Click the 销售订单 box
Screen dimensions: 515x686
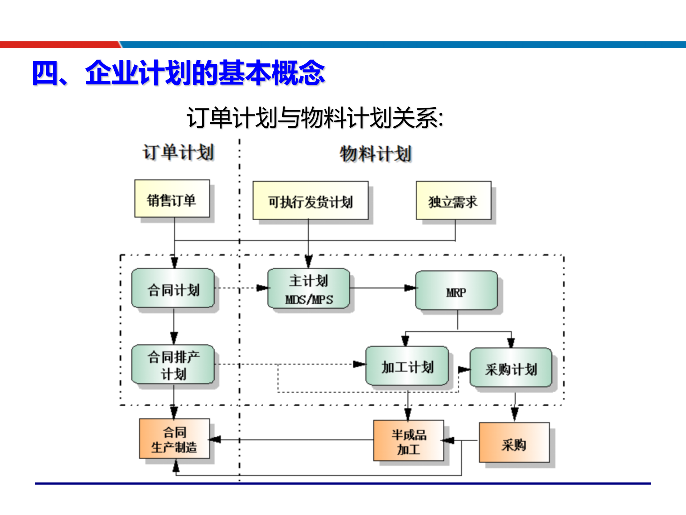[172, 199]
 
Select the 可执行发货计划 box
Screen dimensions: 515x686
[310, 201]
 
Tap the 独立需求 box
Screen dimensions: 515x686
[453, 201]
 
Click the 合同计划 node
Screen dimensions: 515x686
[173, 289]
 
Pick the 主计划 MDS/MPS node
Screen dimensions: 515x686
[309, 289]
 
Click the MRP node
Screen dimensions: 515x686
[456, 291]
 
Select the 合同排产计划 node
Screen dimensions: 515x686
[173, 364]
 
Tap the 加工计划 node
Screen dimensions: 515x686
[407, 366]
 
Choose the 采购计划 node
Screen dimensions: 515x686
[511, 368]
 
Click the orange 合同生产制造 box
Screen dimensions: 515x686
[174, 439]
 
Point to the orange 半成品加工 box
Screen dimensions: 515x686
[409, 441]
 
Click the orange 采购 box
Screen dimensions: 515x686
[514, 443]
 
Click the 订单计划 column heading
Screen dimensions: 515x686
[178, 152]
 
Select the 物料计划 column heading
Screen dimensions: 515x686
[376, 154]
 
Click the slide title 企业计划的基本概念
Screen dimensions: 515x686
[179, 73]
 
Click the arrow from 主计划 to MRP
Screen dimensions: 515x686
[382, 288]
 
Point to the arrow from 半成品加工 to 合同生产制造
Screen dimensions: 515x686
[293, 440]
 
